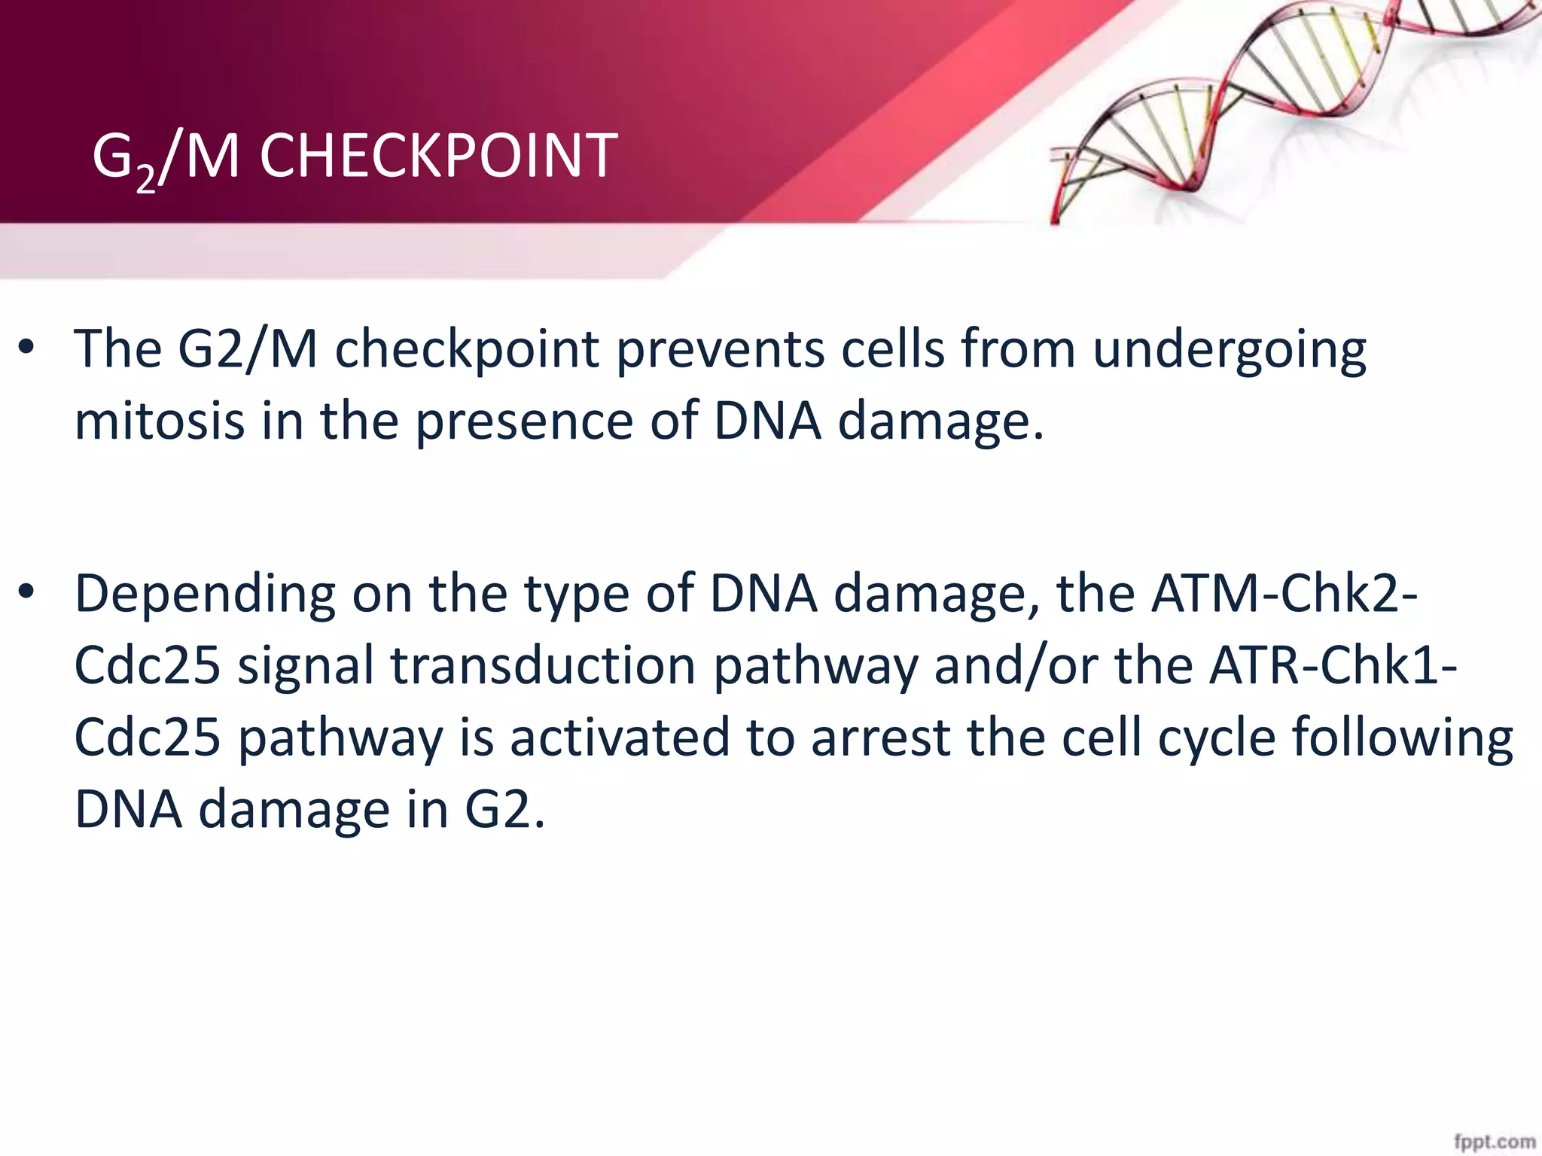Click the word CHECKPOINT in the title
point(438,156)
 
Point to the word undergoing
point(1229,351)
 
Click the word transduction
point(543,665)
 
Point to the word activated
point(620,737)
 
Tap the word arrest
point(879,737)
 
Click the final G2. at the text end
point(503,809)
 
